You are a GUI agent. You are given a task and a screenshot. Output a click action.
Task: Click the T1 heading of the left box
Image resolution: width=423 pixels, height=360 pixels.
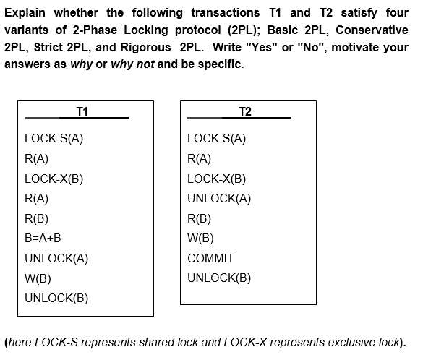coord(82,111)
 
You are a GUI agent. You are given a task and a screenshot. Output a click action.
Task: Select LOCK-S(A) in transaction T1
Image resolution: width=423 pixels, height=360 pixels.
coord(54,138)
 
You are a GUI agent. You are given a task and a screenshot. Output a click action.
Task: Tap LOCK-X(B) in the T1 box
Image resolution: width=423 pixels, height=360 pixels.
coord(54,178)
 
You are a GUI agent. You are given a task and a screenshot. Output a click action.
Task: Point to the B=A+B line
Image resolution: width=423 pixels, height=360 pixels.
coord(43,238)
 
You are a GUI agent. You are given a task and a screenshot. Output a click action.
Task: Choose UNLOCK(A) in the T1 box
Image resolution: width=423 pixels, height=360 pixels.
coord(56,258)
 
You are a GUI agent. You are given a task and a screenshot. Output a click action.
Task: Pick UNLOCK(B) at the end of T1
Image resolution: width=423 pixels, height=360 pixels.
coord(56,298)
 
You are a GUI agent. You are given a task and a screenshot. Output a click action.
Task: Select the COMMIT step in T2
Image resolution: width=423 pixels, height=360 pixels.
coord(210,258)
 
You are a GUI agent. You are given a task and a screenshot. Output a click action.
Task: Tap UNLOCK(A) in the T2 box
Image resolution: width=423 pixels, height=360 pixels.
coord(219,198)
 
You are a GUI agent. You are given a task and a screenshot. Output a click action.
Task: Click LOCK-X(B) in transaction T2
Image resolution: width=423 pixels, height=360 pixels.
coord(217,178)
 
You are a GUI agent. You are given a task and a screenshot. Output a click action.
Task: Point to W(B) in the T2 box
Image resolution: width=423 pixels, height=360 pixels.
coord(200,238)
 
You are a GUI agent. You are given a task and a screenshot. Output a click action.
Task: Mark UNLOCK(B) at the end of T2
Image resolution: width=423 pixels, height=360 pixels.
coord(219,278)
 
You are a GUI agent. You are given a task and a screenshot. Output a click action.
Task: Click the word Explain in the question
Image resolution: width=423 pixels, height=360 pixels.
coord(28,13)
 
